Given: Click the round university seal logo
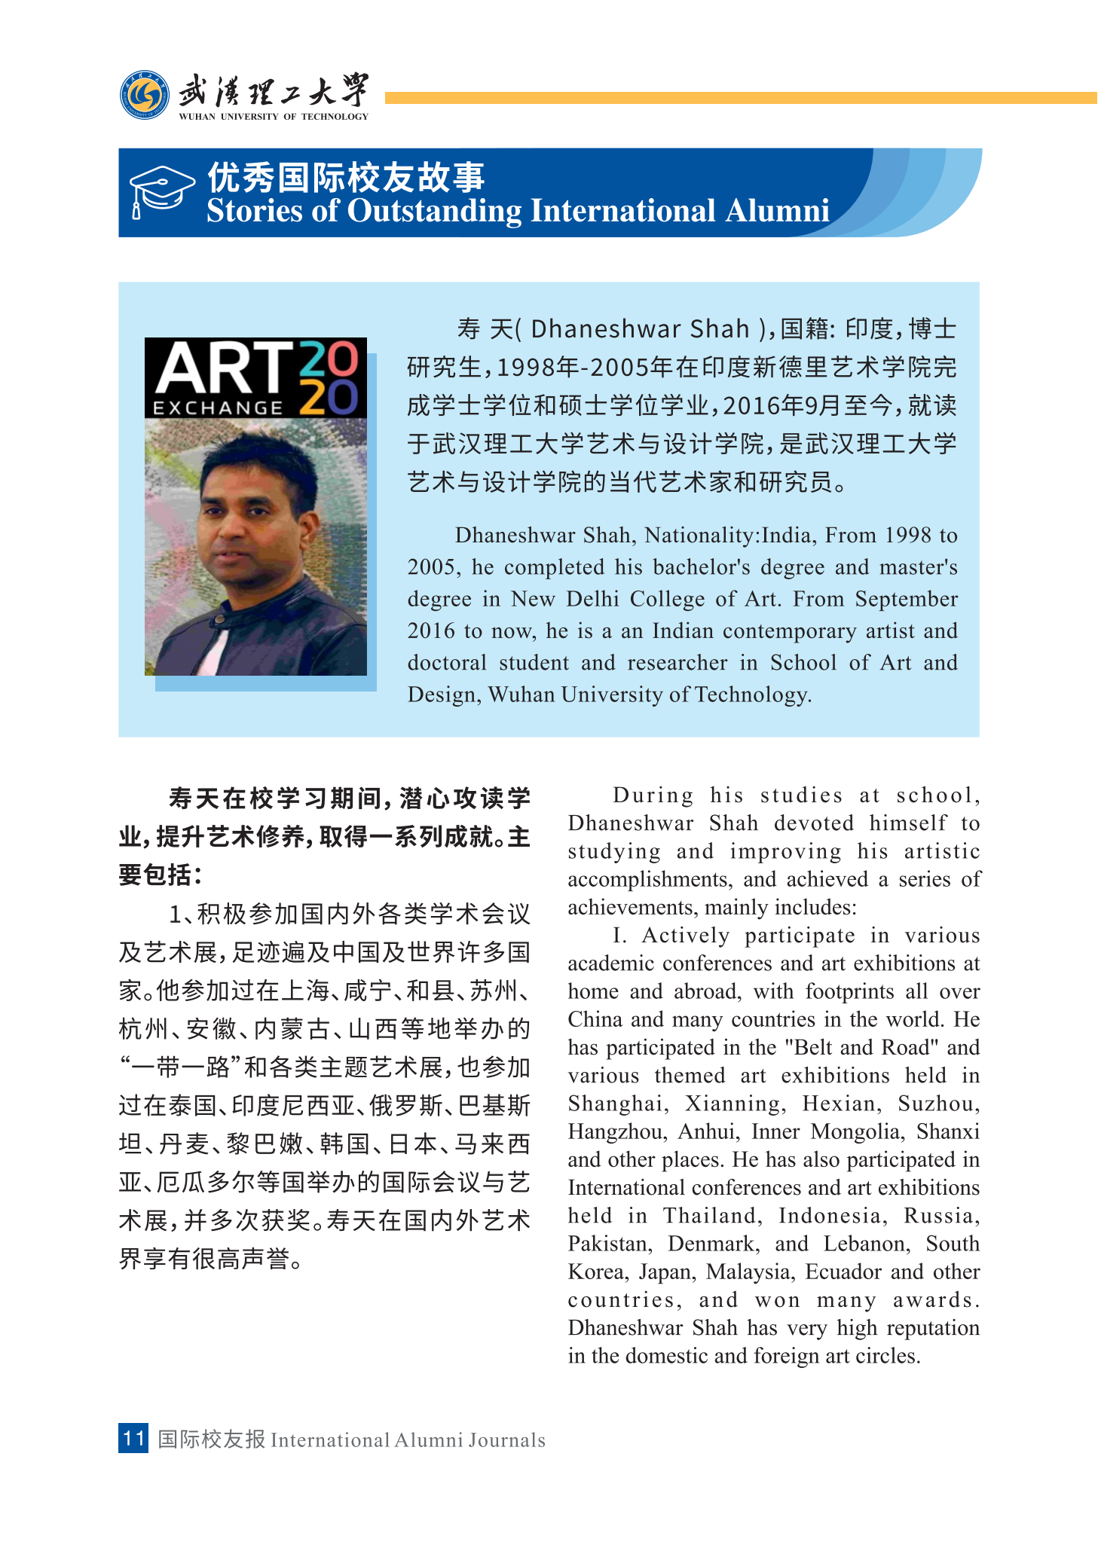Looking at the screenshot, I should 145,96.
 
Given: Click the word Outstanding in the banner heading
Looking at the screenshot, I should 434,211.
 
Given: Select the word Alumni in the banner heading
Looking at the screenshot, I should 777,211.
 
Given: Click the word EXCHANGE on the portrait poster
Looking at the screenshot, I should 218,408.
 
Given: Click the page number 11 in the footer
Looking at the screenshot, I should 133,1438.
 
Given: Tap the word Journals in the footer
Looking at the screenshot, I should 507,1440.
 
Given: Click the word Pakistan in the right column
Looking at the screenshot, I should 610,1244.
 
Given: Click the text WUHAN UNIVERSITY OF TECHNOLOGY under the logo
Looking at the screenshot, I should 274,117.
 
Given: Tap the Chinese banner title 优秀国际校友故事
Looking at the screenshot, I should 346,178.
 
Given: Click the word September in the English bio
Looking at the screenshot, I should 906,599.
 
